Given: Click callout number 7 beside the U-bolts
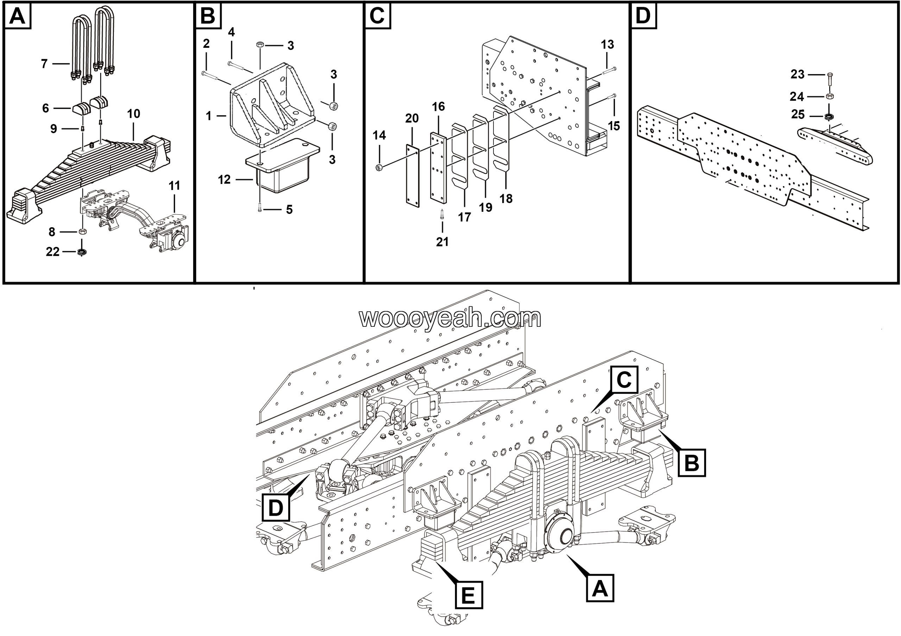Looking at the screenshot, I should click(44, 64).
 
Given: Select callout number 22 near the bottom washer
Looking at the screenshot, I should click(52, 252).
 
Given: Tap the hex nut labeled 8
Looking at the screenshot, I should click(82, 231).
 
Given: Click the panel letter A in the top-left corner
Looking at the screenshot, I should click(17, 17).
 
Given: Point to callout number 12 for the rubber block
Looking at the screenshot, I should click(224, 180).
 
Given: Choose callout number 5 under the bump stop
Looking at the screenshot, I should click(289, 209).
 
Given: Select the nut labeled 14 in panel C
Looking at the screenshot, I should click(379, 168).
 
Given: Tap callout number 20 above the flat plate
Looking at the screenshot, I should click(412, 118).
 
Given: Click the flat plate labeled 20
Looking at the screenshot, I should click(412, 175).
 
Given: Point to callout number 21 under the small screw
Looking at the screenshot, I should click(442, 242).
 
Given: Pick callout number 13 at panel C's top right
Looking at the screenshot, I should click(607, 45).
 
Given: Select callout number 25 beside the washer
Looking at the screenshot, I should click(798, 114).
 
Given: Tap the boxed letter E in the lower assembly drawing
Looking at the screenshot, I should click(468, 596).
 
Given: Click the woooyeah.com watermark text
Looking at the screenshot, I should click(450, 318).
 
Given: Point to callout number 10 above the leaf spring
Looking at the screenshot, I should click(133, 114).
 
